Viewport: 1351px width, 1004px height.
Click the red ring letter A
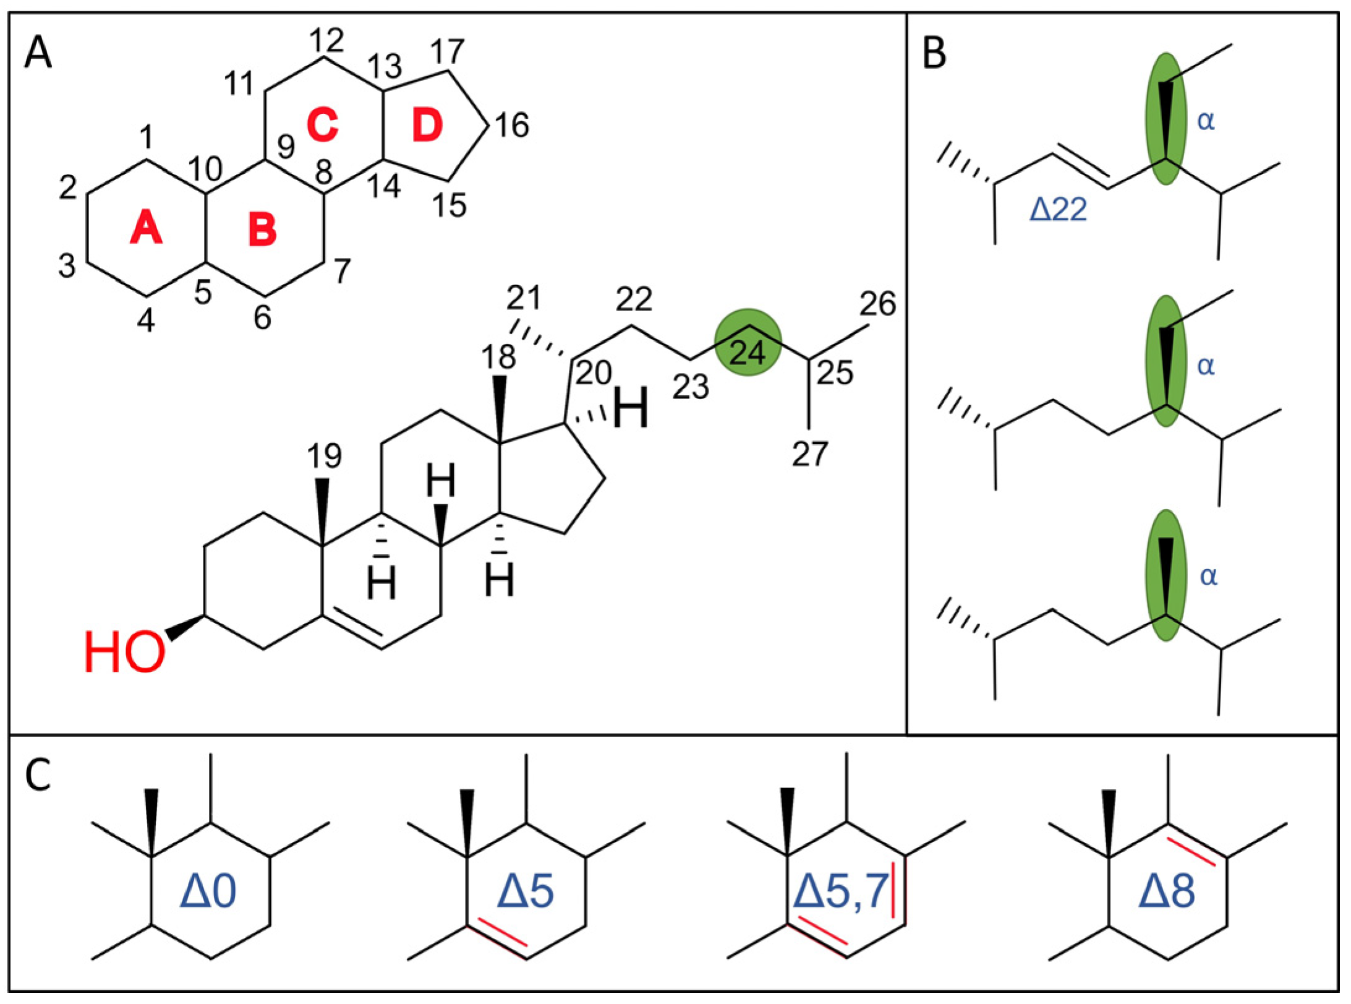click(x=146, y=228)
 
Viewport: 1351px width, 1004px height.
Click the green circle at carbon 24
click(x=748, y=342)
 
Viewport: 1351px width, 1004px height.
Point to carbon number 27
click(x=809, y=454)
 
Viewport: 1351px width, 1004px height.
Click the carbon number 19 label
click(x=324, y=456)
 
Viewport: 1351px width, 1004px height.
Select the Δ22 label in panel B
click(x=1058, y=210)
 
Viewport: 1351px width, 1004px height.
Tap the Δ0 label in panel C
click(x=208, y=891)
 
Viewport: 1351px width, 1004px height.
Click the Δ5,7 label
click(x=840, y=891)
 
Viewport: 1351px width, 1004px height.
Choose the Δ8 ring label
click(x=1166, y=891)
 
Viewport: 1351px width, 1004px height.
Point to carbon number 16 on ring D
click(x=512, y=126)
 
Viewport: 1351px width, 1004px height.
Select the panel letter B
click(x=934, y=53)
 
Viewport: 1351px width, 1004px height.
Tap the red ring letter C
click(x=322, y=124)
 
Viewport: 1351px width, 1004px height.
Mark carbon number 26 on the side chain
click(x=878, y=304)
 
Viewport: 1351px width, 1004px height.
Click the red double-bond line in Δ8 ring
click(x=1191, y=852)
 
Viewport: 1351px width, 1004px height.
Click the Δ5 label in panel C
click(x=525, y=891)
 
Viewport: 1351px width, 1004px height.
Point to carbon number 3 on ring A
click(x=67, y=266)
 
